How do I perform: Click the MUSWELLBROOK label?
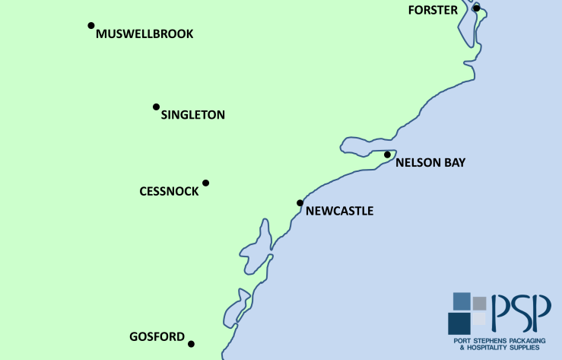pos(144,34)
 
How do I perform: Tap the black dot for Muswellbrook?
pos(91,25)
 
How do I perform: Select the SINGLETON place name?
pos(193,115)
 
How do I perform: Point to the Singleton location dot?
pos(156,107)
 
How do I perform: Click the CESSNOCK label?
pos(169,191)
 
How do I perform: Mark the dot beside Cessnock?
pos(205,183)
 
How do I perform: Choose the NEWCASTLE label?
pos(339,211)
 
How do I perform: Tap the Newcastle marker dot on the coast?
pos(300,202)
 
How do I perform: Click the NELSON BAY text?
pos(430,162)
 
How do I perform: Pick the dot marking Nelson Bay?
pos(387,155)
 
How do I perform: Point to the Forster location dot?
pos(477,8)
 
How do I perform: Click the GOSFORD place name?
pos(157,336)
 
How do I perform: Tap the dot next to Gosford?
pos(191,344)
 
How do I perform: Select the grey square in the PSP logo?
pos(479,303)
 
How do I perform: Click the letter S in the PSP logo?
pos(521,313)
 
